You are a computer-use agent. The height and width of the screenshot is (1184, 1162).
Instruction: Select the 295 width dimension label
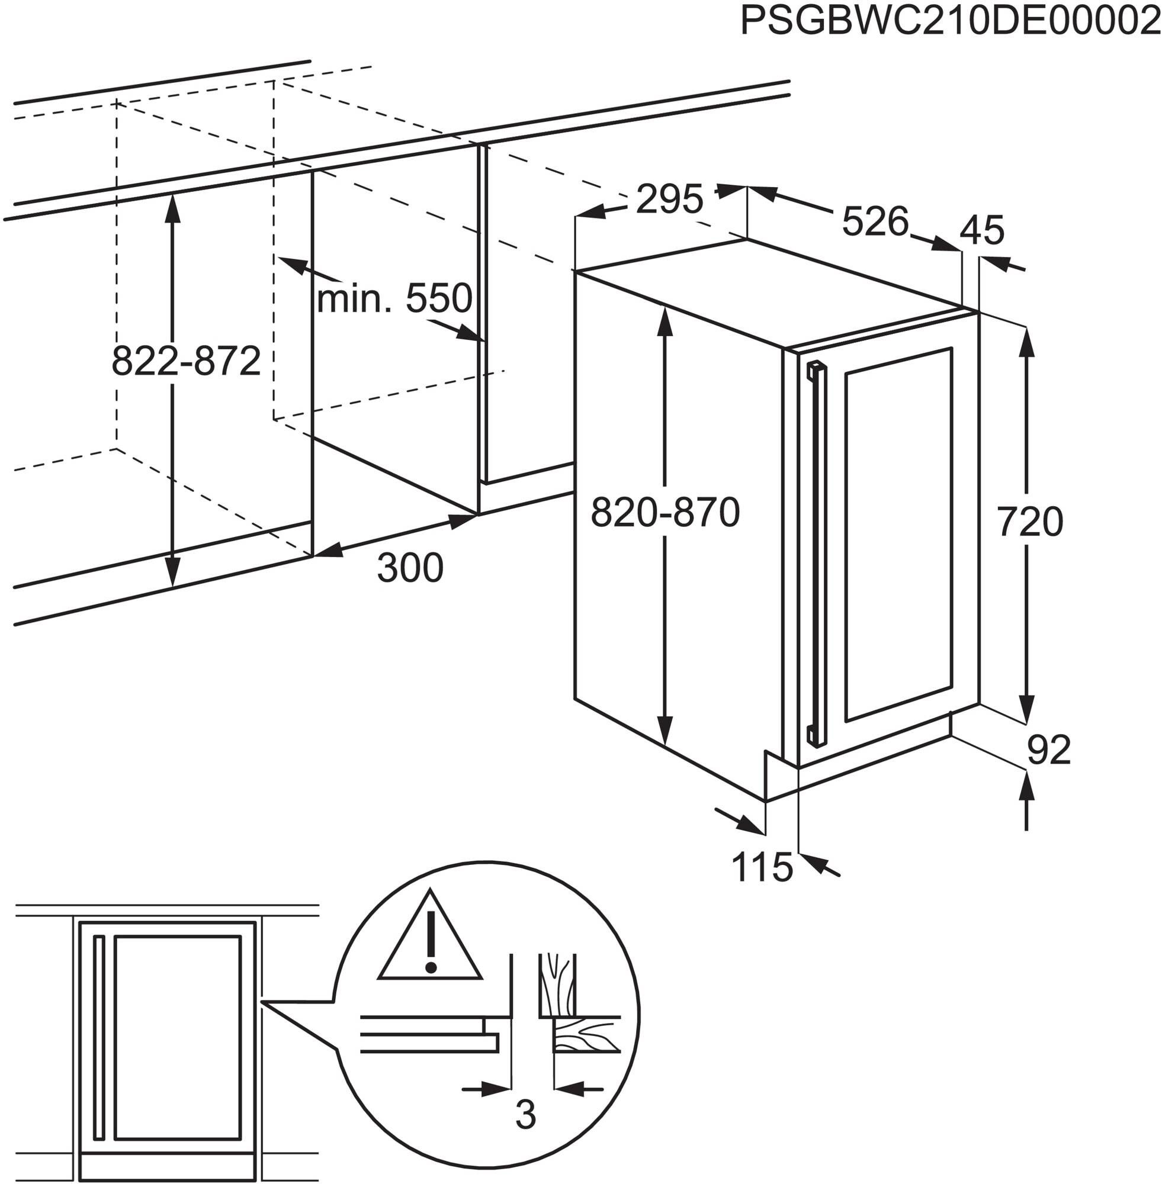[669, 199]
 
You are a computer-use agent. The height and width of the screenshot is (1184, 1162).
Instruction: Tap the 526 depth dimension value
[875, 221]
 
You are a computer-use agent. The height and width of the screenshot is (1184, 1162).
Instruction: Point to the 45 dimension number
[982, 230]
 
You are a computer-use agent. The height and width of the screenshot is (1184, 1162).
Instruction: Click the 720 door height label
[1030, 522]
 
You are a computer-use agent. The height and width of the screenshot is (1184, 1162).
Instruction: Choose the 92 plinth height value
[1049, 750]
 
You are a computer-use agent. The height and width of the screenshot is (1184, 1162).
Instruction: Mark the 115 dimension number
[763, 867]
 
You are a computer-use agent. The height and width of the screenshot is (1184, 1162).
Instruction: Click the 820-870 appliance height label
[665, 512]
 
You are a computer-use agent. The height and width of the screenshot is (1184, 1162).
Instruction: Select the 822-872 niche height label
[186, 361]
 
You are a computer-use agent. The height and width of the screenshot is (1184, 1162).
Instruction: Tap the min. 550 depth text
[394, 298]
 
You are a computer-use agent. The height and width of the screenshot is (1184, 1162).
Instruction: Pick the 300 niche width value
[410, 568]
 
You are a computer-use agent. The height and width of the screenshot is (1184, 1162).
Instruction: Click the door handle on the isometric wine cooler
[816, 555]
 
